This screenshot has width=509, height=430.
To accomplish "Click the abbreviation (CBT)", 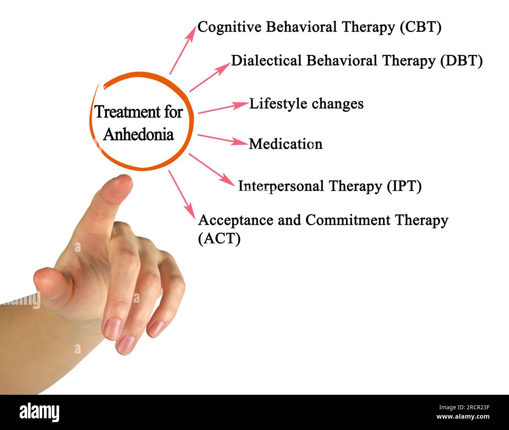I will pos(421,27).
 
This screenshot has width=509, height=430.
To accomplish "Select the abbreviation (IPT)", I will pos(404,186).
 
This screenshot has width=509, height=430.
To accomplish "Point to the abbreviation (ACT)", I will pos(219,238).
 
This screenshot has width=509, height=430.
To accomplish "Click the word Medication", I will pos(285,144).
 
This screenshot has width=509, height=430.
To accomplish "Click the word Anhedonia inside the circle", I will pos(139,134).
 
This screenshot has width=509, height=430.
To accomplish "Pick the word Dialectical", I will pos(266,61).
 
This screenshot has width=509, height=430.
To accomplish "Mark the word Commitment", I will pos(348,220).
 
